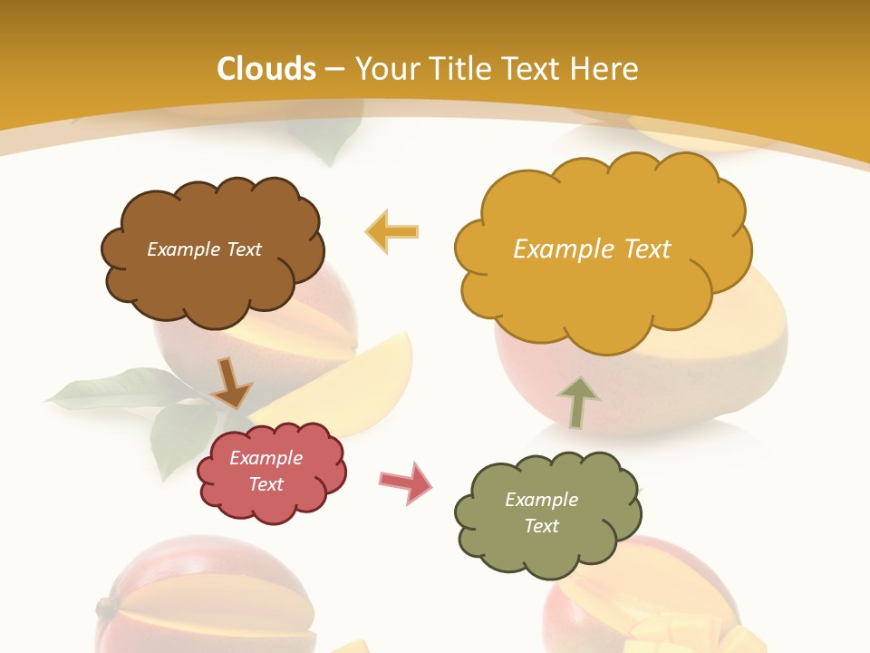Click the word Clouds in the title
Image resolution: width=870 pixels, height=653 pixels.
point(266,69)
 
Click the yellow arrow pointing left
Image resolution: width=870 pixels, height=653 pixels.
point(392,231)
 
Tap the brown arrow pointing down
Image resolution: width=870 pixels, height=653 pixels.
point(231,384)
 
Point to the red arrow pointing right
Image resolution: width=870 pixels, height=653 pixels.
point(405,482)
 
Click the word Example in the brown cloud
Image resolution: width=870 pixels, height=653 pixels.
point(180,249)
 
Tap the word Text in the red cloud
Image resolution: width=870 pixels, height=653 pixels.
point(266,484)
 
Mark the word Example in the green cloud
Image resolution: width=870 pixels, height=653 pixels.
point(541,500)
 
